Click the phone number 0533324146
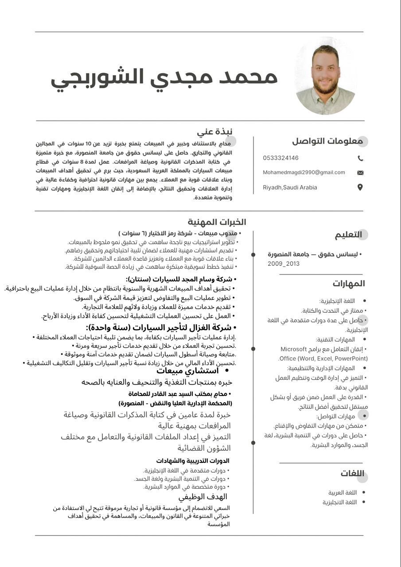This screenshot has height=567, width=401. click(x=280, y=158)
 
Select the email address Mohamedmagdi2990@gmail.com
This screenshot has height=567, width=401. click(x=304, y=172)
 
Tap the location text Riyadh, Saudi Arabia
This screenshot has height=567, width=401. click(x=290, y=187)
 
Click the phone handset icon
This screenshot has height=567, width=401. click(x=360, y=158)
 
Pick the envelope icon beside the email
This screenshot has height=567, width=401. click(x=360, y=173)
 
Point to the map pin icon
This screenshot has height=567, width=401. click(x=360, y=187)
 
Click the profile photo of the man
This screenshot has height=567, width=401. click(x=326, y=76)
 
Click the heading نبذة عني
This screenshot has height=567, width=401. click(x=214, y=132)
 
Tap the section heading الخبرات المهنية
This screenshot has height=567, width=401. click(x=217, y=222)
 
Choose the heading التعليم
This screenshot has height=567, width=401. click(x=348, y=235)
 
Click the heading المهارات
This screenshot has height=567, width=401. click(x=349, y=283)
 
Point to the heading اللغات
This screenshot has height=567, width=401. click(x=352, y=474)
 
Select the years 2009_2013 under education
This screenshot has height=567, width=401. click(x=284, y=264)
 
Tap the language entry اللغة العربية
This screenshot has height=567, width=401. click(x=343, y=493)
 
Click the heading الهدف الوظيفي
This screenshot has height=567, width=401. click(x=202, y=497)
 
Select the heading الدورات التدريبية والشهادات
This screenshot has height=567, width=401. click(x=192, y=461)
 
